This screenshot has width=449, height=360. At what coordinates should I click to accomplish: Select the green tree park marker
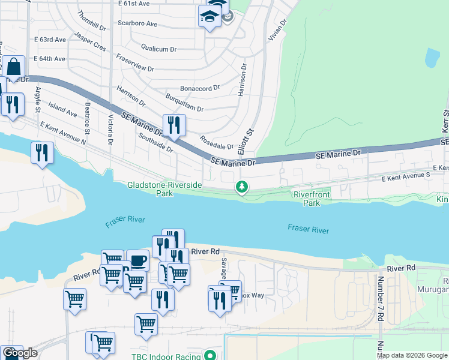pos(242,188)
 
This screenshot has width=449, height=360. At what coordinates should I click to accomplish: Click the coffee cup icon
pos(138,261)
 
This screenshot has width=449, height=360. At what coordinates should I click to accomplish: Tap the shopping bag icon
pos(16,67)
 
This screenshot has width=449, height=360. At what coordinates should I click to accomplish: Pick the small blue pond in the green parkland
pos(432,58)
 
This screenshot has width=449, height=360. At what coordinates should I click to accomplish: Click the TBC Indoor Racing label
pos(167,355)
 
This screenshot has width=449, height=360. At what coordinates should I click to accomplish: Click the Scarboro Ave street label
pos(137,24)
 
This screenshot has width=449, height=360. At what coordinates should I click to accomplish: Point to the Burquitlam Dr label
pos(184,102)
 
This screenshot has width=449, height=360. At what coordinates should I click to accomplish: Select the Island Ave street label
pos(63,109)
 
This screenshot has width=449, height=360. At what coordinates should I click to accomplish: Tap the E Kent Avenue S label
pos(406,177)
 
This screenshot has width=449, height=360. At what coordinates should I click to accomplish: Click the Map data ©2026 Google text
pos(412,355)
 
